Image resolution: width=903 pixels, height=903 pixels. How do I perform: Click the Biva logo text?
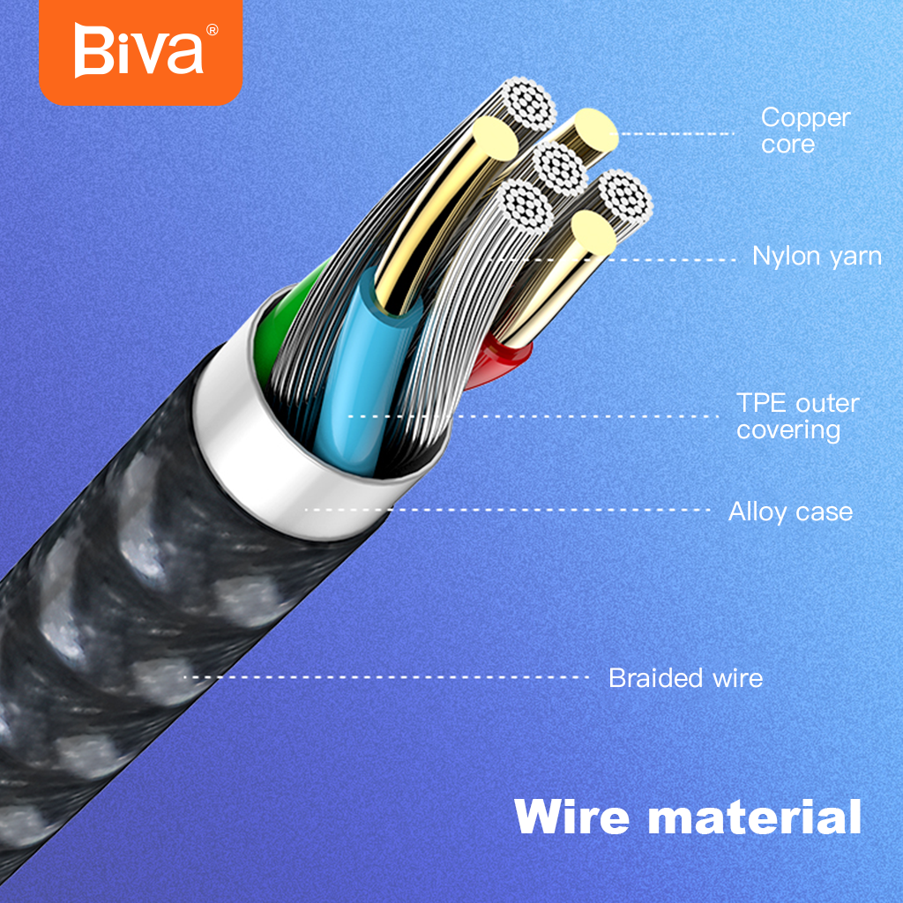click(138, 50)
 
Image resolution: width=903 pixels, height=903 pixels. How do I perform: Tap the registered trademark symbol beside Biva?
click(212, 30)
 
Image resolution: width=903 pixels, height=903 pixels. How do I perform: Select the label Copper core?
click(805, 131)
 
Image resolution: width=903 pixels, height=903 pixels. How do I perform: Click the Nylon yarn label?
click(817, 257)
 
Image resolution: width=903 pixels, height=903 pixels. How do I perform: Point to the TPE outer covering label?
click(797, 417)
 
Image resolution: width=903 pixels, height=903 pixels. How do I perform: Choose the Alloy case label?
click(790, 511)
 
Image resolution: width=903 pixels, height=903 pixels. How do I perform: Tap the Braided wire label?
click(685, 678)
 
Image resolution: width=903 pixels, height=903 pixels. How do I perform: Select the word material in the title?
click(755, 817)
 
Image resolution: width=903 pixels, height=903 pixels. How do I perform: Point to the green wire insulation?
click(282, 328)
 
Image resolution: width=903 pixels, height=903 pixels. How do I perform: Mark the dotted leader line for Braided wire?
click(386, 677)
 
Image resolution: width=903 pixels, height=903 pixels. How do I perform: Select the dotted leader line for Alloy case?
click(508, 510)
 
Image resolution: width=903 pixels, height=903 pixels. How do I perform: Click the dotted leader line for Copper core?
click(671, 134)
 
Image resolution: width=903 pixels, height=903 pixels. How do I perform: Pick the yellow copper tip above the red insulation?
click(594, 233)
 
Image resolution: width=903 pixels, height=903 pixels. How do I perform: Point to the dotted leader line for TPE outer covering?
click(534, 416)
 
